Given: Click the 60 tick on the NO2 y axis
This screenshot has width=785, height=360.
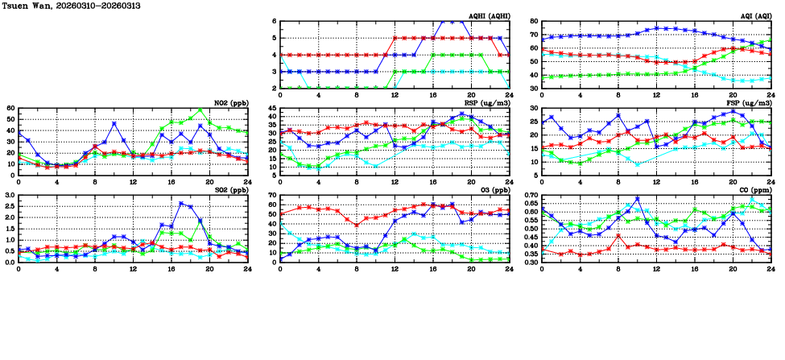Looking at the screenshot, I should coord(10,108).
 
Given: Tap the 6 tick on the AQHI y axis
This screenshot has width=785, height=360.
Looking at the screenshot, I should coord(274,21).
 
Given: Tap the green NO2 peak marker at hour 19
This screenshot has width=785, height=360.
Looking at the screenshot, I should coord(200,110).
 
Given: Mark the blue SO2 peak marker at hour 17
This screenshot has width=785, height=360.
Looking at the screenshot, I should coord(181,203).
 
